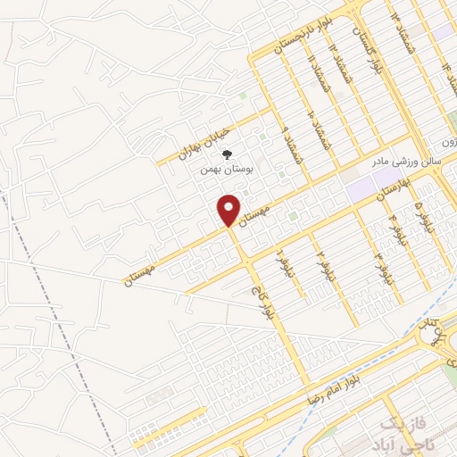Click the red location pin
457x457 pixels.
pyautogui.click(x=229, y=210)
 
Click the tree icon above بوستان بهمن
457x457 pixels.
pyautogui.click(x=225, y=154)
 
